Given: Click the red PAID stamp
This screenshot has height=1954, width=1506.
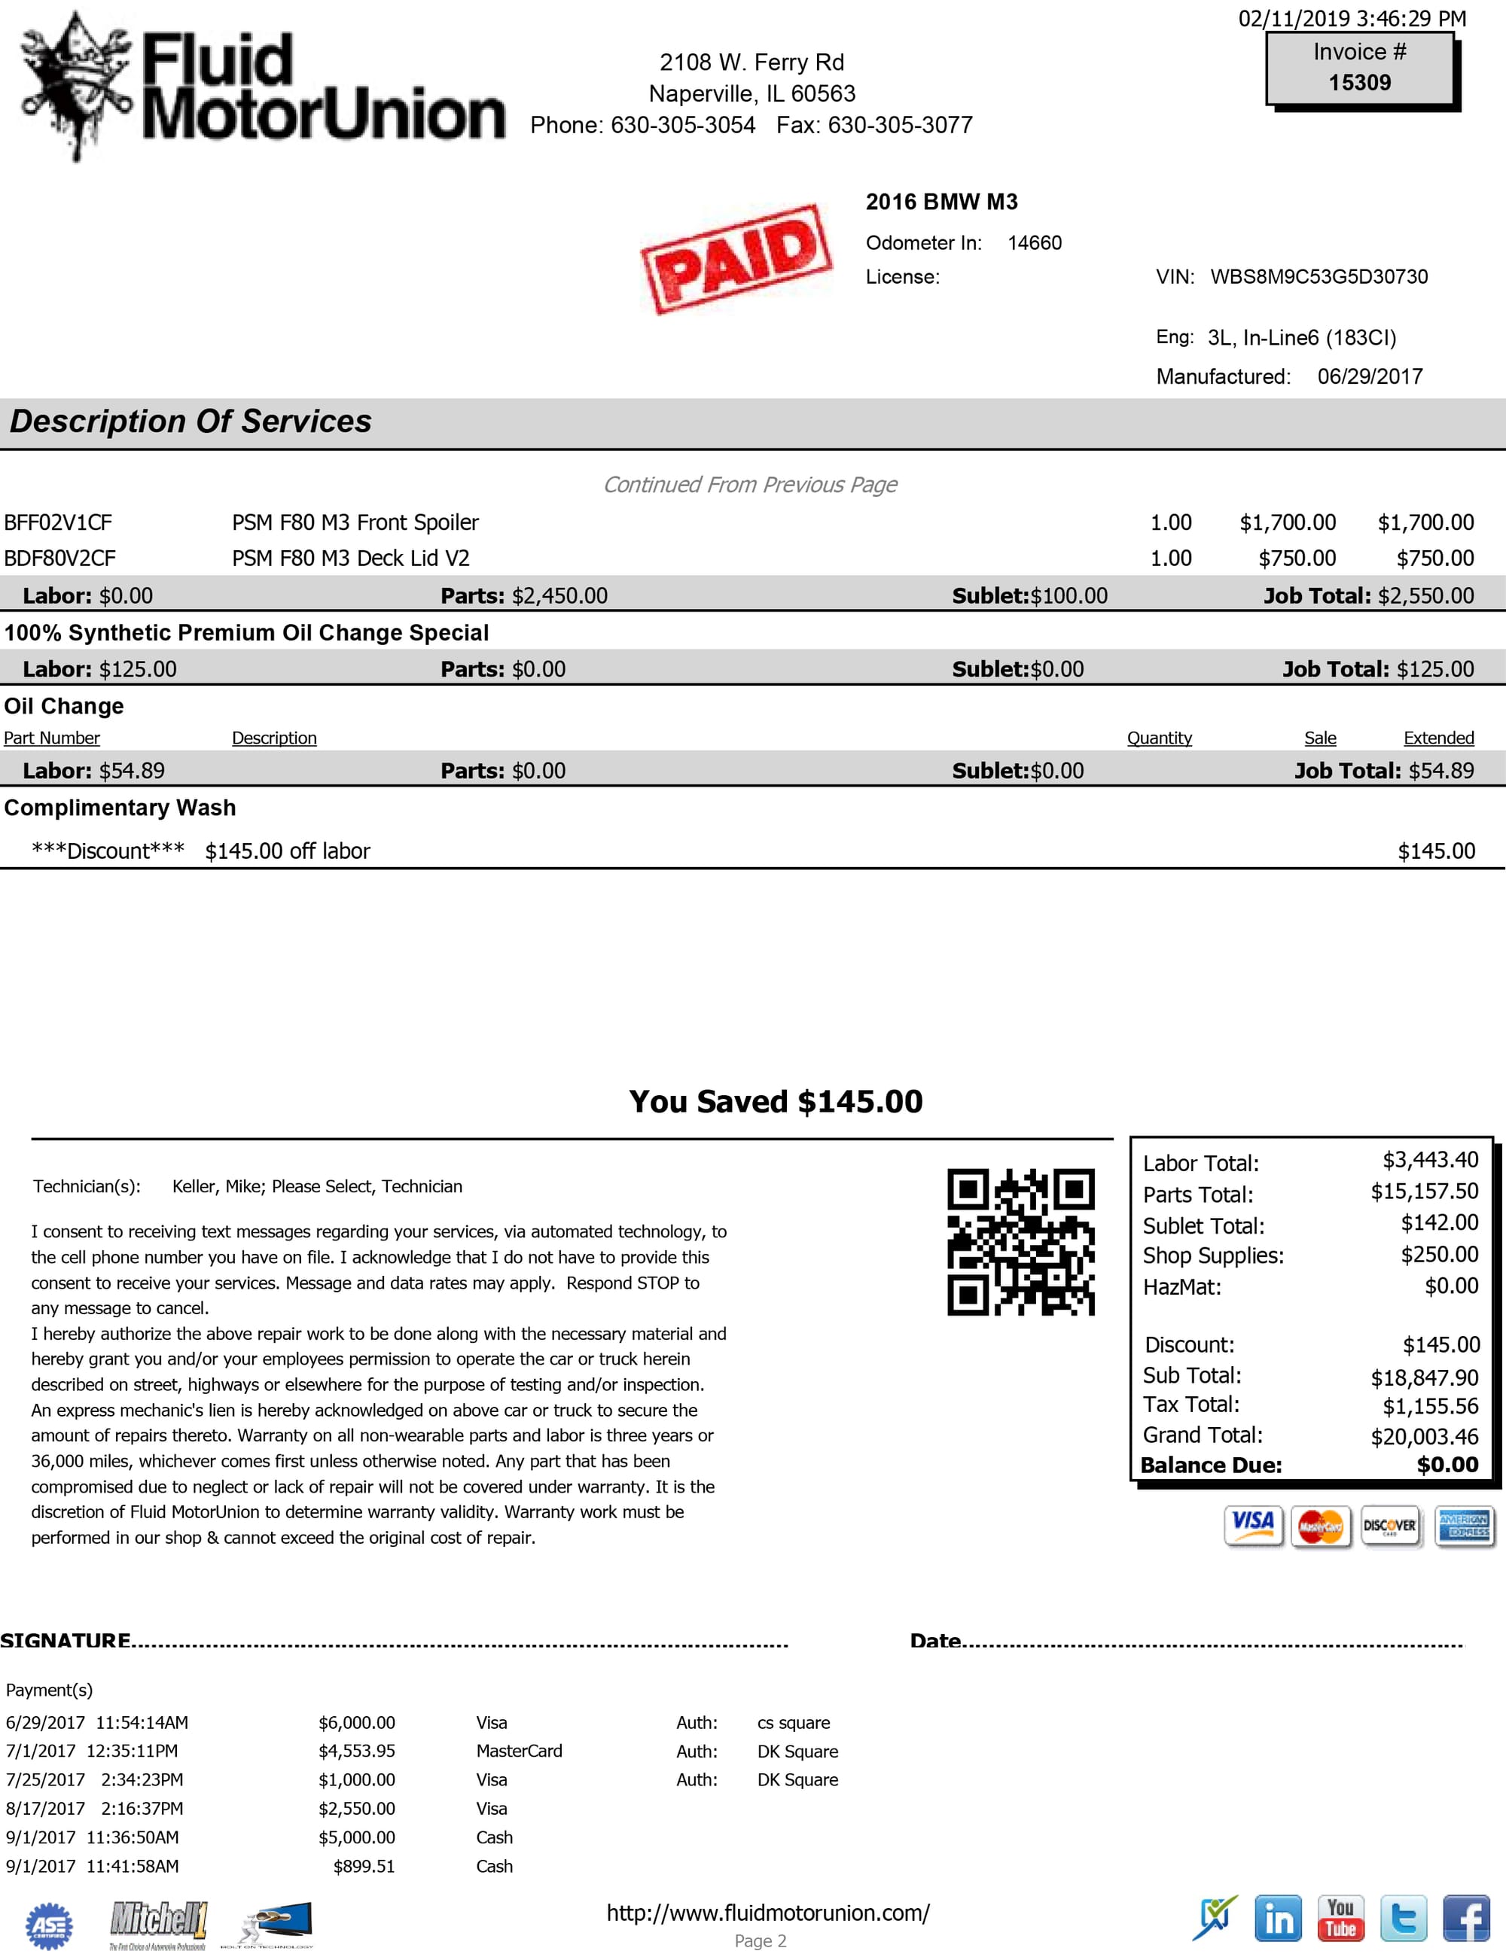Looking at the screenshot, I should tap(736, 259).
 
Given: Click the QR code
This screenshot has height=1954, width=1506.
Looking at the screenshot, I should tap(1020, 1242).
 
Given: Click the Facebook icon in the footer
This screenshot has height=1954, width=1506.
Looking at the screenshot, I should tap(1466, 1918).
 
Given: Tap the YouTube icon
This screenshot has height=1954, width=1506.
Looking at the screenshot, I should tap(1340, 1918).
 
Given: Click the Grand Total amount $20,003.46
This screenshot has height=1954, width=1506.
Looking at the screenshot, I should tap(1425, 1437).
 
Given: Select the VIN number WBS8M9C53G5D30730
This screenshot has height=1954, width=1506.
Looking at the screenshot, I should tap(1319, 276).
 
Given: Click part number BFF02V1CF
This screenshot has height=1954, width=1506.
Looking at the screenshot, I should tap(58, 522).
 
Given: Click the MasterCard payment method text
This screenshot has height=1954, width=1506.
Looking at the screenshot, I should tap(519, 1751).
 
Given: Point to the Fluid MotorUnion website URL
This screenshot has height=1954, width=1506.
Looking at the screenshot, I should tap(768, 1913).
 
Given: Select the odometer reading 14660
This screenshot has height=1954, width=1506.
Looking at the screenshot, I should tap(1035, 243).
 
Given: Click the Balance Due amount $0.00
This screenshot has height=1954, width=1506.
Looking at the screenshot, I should tap(1447, 1465).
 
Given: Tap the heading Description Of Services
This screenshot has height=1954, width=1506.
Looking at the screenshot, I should tap(191, 422).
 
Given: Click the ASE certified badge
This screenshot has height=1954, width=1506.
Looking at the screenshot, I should tap(49, 1925).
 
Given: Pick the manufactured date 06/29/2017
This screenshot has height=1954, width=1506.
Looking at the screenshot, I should tap(1370, 376).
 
